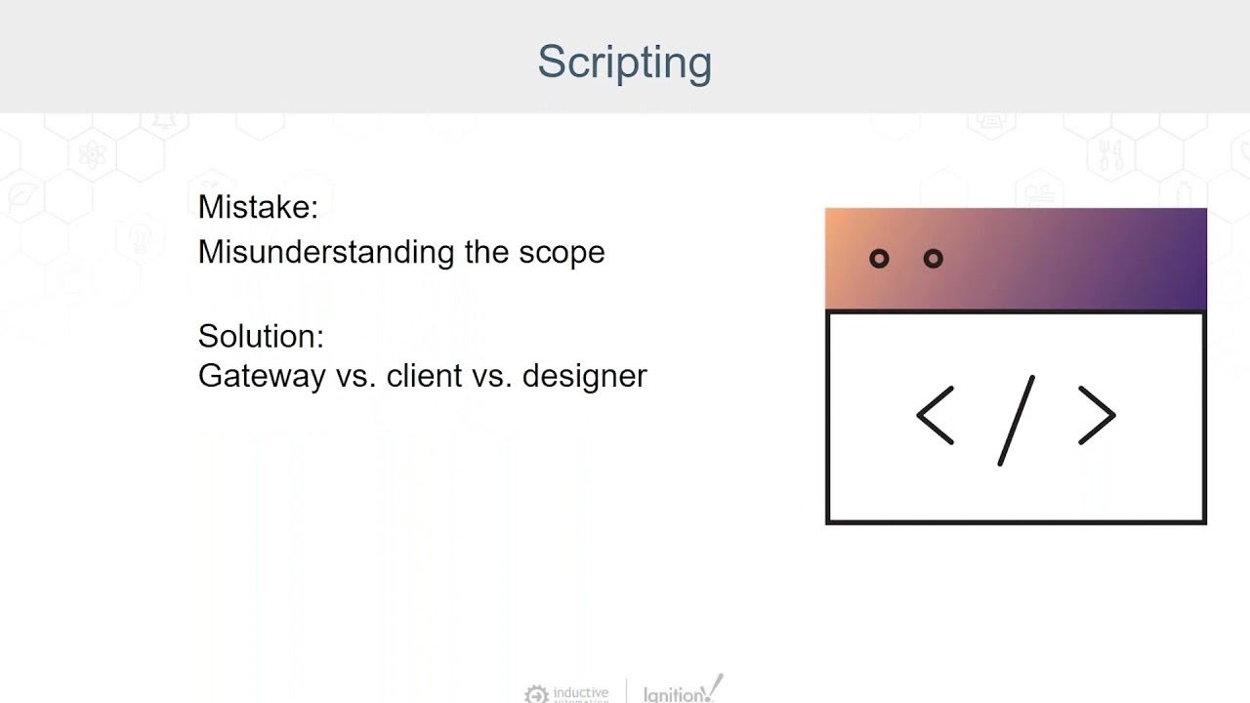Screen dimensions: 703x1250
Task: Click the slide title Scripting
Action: coord(624,62)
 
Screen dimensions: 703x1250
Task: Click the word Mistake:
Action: coord(258,207)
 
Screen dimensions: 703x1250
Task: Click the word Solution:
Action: coord(261,337)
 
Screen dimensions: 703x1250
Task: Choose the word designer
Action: coord(584,376)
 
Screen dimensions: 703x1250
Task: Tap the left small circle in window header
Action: coord(879,259)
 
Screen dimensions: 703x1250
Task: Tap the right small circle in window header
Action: coord(933,259)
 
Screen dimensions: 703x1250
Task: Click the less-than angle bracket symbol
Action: coord(935,416)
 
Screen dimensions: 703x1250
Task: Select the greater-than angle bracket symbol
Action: coord(1097,416)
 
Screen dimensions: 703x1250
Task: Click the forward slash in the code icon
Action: coord(1016,420)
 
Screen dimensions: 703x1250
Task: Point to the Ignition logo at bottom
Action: coord(683,690)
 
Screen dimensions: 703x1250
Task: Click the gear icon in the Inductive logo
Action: coord(536,694)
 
